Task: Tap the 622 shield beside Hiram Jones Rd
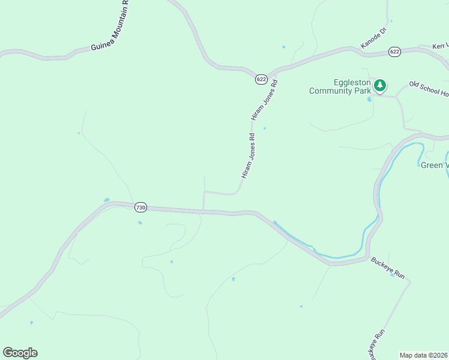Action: [261, 79]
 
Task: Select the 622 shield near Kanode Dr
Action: [394, 52]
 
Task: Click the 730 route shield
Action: [140, 207]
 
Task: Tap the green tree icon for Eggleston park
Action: [379, 86]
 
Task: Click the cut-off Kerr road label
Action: [441, 46]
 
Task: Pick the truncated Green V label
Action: [434, 165]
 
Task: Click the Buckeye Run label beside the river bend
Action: [388, 268]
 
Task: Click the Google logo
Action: [20, 353]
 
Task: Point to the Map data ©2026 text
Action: [423, 355]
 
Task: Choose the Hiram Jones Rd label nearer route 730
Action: [248, 156]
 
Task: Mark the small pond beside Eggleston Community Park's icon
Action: [370, 99]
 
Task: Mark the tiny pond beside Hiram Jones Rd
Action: [264, 128]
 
